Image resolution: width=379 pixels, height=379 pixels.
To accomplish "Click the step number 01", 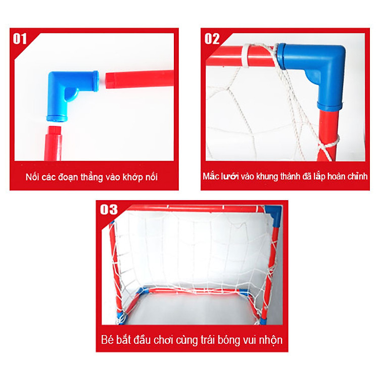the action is pyautogui.click(x=20, y=39).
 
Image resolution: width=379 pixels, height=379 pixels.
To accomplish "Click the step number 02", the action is pyautogui.click(x=212, y=39).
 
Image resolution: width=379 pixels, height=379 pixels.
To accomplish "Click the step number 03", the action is pyautogui.click(x=109, y=210).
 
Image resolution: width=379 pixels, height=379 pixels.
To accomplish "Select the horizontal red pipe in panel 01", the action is pyautogui.click(x=139, y=79).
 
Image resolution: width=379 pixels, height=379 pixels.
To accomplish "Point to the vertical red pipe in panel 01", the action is pyautogui.click(x=53, y=143).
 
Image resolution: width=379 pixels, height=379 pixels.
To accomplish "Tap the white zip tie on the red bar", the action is pyautogui.click(x=246, y=56).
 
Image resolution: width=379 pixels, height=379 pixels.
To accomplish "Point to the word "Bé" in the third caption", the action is pyautogui.click(x=107, y=340).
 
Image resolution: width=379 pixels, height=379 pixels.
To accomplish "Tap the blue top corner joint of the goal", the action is pyautogui.click(x=273, y=215).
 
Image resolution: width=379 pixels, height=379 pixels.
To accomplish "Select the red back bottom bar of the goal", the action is pyautogui.click(x=194, y=291).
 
